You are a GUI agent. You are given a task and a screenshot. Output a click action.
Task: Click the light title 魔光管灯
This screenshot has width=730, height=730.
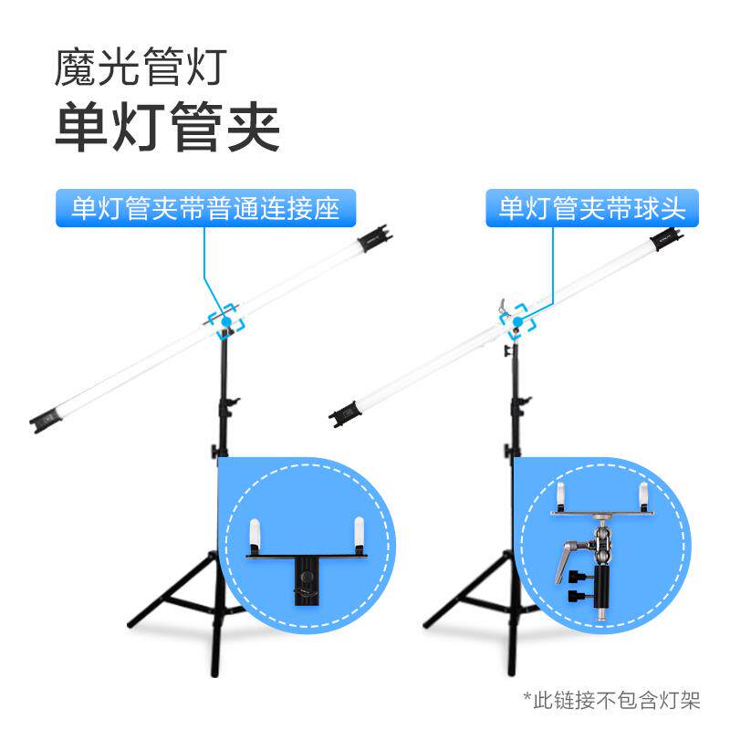139,68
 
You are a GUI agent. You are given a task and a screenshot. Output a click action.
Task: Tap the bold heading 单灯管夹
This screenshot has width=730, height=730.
167,129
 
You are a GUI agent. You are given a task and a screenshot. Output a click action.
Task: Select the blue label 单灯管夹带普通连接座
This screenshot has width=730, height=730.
205,208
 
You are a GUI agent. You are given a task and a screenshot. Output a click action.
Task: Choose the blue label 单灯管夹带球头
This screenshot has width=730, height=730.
591,208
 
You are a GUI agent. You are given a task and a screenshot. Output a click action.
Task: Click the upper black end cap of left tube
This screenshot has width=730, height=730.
374,239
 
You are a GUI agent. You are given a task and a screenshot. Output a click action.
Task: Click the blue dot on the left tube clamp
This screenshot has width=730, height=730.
224,322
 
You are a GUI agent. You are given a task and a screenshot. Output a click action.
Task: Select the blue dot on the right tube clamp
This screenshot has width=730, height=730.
518,322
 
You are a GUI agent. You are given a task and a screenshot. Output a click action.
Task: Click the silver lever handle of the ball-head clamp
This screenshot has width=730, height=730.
568,551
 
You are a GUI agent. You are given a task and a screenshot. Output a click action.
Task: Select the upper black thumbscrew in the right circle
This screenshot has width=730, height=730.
579,575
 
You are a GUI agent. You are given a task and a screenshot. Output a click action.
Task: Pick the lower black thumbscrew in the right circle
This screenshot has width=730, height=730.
579,596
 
